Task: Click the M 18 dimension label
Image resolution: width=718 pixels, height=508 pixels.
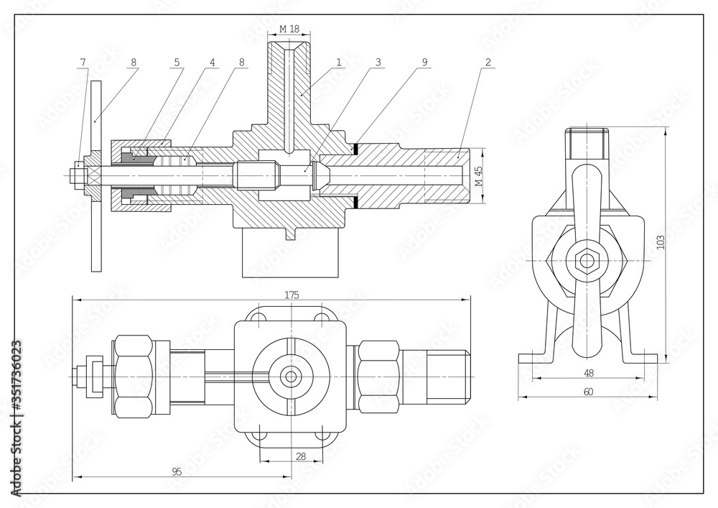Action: [x=289, y=29]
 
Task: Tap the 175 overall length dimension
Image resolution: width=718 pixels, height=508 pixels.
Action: [x=291, y=295]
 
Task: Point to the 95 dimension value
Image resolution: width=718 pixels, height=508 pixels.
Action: [x=176, y=471]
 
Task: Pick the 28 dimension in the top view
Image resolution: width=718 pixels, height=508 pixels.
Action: [x=300, y=456]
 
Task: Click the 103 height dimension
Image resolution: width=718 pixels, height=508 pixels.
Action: [x=661, y=242]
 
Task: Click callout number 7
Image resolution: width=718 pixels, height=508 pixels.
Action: [x=83, y=63]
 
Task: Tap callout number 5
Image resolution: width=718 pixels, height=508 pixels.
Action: [x=176, y=63]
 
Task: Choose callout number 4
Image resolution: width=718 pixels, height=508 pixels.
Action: [x=213, y=63]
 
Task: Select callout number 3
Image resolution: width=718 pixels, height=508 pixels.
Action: [x=378, y=63]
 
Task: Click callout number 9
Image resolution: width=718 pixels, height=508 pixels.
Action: [x=424, y=63]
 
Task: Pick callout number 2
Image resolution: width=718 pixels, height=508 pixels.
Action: [x=488, y=63]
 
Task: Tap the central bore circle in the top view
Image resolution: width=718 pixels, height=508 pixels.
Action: [x=291, y=375]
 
